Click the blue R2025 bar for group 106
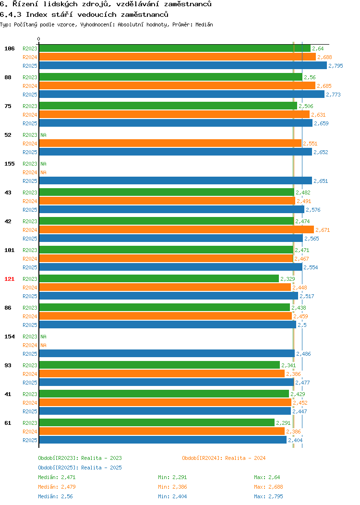(x=183, y=65)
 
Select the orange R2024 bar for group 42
(x=177, y=229)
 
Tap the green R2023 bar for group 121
(x=159, y=278)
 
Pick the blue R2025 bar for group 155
(x=176, y=180)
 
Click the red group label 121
(x=9, y=279)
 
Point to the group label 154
(x=9, y=337)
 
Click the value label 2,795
(x=336, y=66)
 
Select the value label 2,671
(x=323, y=230)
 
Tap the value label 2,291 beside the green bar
(x=283, y=423)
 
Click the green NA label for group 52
(x=44, y=135)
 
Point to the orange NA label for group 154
(x=44, y=345)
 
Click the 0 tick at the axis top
(x=39, y=39)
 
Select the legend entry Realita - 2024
(x=224, y=458)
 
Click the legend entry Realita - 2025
(x=80, y=468)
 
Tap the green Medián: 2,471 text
(x=57, y=477)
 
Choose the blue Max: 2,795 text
(x=268, y=497)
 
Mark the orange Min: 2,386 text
(x=172, y=487)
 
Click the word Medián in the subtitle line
(x=204, y=24)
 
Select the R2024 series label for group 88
(x=30, y=86)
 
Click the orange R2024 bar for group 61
(x=162, y=431)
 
